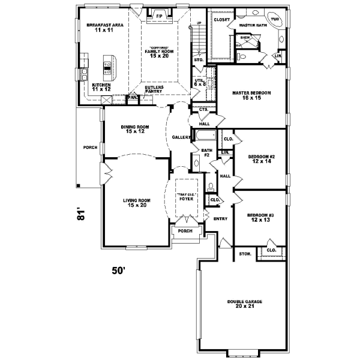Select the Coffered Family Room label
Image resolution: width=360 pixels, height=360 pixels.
158,52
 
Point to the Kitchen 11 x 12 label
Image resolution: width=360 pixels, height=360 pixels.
101,88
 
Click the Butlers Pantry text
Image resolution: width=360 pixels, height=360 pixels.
154,89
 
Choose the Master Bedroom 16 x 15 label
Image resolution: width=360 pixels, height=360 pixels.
252,96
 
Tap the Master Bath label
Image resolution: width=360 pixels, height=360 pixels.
252,26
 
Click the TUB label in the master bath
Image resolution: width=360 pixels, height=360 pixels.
275,20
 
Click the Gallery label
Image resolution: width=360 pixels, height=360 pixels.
181,137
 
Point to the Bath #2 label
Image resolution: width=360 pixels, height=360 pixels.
207,153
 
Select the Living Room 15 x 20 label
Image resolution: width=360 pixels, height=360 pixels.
136,203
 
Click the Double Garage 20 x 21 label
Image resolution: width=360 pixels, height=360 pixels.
245,304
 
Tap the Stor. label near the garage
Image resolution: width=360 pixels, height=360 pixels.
245,254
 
